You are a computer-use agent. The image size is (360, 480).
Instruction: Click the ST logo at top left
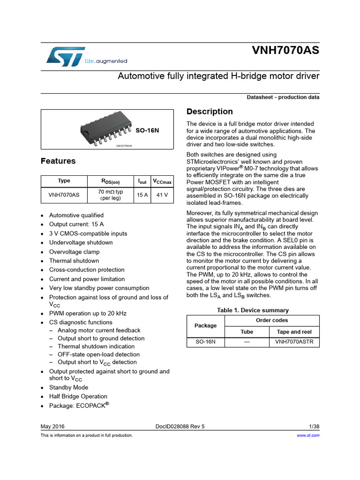coord(66,56)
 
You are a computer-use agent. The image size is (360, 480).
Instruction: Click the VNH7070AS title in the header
coord(285,51)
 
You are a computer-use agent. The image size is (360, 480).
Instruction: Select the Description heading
coord(210,112)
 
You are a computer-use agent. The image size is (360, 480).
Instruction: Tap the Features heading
coord(58,161)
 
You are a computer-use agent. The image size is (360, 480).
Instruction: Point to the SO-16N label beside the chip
coord(147,130)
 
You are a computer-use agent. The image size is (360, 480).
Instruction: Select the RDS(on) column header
coord(111,181)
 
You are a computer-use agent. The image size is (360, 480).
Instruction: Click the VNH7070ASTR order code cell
coord(294,342)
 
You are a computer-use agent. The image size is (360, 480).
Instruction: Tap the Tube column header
coord(247,331)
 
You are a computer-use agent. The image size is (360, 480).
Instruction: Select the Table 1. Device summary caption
coord(253,310)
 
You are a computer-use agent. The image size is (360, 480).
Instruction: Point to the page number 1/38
coord(314,426)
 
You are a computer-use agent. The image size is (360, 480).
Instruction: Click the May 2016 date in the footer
coord(52,426)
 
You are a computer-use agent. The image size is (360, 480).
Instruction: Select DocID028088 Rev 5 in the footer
coord(180,426)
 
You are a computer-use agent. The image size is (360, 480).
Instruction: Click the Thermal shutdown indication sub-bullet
coord(91,346)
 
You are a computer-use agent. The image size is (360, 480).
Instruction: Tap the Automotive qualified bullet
coord(76,215)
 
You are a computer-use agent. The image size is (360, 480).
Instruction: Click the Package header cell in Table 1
coord(205,326)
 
